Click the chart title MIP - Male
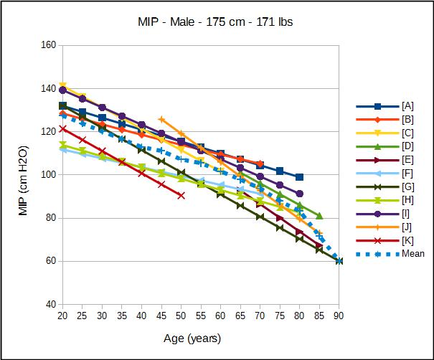[x=216, y=22]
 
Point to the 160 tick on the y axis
[x=47, y=45]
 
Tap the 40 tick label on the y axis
[x=50, y=304]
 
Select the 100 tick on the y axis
[x=47, y=175]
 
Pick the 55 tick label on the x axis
[x=201, y=316]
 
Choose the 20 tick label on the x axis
[x=62, y=316]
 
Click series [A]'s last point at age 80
[x=300, y=177]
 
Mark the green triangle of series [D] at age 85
[x=319, y=216]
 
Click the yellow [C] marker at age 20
[x=62, y=86]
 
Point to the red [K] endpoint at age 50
[x=181, y=195]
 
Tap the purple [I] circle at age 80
[x=300, y=194]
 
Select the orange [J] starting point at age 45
[x=161, y=120]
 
